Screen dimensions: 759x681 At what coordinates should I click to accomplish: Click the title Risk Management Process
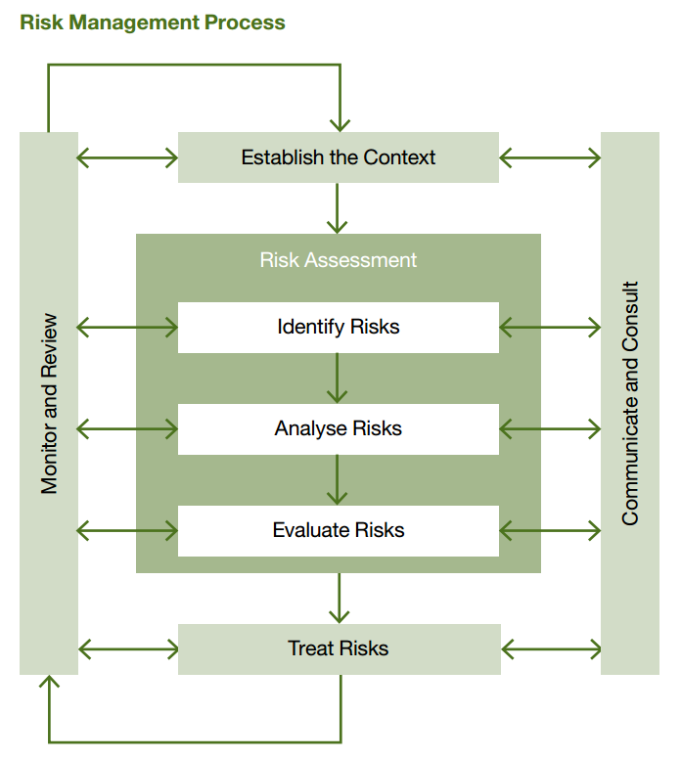[153, 22]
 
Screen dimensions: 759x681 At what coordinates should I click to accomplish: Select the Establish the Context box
[339, 157]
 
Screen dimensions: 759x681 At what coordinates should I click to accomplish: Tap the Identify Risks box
[339, 327]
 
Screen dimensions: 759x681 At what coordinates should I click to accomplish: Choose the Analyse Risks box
[339, 428]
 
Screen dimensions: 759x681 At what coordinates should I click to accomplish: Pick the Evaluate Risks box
[339, 530]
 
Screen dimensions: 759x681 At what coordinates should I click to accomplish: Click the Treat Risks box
[339, 648]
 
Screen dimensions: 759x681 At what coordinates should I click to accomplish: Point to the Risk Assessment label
[339, 260]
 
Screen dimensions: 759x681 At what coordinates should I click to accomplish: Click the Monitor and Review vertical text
[50, 403]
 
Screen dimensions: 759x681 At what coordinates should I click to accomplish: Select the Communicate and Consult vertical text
[630, 403]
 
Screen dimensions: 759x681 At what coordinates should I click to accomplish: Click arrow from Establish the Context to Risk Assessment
[338, 207]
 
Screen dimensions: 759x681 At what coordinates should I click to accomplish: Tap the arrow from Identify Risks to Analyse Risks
[338, 378]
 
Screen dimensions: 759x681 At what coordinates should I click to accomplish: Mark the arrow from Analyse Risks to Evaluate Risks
[338, 479]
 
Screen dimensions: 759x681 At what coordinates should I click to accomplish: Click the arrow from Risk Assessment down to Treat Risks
[339, 598]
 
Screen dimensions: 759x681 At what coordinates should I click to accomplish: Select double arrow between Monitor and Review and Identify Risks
[127, 328]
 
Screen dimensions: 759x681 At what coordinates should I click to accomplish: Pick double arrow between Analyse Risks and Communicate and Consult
[550, 428]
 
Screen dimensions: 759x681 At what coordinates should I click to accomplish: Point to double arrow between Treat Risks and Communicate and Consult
[551, 648]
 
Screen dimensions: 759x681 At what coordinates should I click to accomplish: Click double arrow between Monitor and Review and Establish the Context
[127, 157]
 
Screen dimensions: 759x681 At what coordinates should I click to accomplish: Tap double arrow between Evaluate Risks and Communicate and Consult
[550, 531]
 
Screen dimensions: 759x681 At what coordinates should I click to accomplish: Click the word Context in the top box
[399, 157]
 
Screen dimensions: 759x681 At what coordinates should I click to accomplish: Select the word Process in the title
[249, 22]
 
